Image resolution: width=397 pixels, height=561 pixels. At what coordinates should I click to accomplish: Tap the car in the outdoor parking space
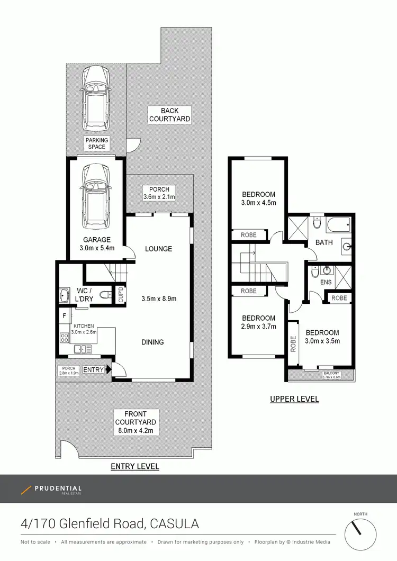(96, 99)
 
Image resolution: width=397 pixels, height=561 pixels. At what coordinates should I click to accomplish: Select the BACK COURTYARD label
(169, 115)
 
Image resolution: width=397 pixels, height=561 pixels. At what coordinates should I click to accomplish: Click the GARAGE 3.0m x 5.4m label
(96, 243)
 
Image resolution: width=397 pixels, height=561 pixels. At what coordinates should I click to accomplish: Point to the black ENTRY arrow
(109, 369)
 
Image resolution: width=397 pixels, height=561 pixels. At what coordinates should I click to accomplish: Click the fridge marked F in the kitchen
(64, 316)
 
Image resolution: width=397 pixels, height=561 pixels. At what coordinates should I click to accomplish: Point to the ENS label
(326, 282)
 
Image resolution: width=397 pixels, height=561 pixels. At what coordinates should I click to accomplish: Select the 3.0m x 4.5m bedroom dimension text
(259, 202)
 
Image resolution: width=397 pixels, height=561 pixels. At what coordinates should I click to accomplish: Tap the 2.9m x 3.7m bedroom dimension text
(258, 327)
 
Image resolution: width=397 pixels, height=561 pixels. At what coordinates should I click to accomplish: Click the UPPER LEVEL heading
(294, 399)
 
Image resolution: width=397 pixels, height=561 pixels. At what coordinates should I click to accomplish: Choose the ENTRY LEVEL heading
(134, 466)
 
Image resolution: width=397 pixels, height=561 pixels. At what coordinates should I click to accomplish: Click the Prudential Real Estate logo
(51, 490)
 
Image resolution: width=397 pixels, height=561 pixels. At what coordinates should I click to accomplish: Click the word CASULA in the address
(175, 524)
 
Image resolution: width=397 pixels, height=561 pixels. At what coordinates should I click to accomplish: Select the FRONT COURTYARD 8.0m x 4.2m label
(136, 422)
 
